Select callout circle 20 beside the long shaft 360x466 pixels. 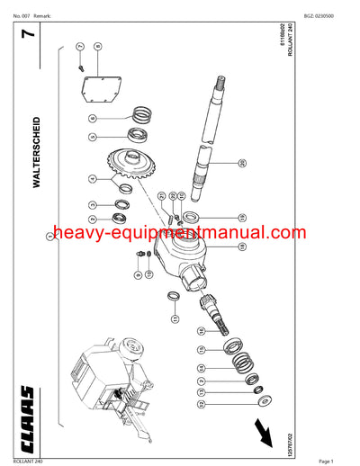[241, 163]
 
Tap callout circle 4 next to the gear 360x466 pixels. [93, 180]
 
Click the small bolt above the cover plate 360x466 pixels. [81, 62]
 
